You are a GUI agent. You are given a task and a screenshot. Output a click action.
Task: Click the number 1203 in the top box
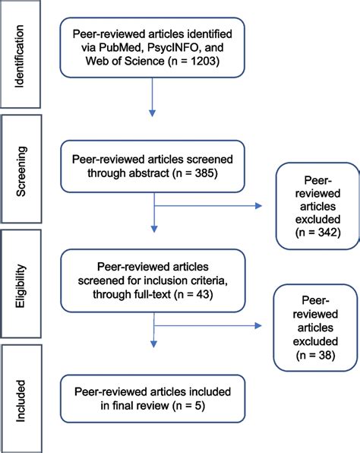(x=203, y=61)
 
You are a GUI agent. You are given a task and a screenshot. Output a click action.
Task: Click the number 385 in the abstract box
(x=204, y=173)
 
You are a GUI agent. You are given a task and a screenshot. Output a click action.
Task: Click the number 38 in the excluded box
(x=325, y=355)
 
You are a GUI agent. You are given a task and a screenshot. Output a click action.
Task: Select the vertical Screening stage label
(x=21, y=171)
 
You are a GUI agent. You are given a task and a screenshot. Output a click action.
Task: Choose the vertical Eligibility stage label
(x=21, y=286)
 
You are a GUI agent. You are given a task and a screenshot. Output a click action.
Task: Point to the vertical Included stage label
(x=21, y=401)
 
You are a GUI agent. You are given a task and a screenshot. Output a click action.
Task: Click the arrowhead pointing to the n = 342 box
(x=258, y=206)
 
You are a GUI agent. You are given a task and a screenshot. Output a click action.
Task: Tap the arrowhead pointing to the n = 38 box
(x=258, y=326)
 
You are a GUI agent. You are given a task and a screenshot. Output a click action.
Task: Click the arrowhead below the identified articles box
(x=152, y=113)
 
